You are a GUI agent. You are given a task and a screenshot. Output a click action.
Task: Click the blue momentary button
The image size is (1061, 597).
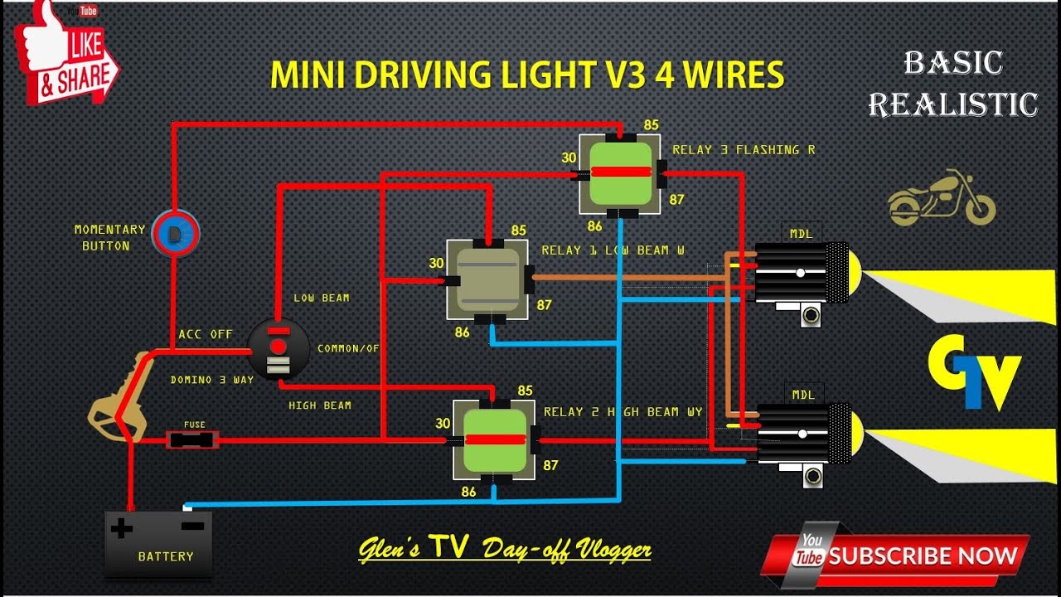click(x=175, y=234)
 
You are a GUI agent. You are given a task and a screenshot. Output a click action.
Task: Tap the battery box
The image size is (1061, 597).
click(x=158, y=543)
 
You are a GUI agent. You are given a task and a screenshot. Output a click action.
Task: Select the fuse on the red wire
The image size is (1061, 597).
click(x=193, y=439)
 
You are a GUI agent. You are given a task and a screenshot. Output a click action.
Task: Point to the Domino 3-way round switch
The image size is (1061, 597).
click(x=279, y=348)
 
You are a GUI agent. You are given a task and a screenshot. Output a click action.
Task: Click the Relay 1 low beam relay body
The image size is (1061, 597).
click(x=487, y=279)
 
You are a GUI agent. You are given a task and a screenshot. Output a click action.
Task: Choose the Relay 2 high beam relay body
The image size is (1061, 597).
click(x=495, y=439)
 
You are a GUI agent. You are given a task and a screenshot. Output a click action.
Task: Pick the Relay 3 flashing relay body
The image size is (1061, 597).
click(x=620, y=172)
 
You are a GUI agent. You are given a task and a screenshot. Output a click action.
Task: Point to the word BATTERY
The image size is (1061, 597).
click(x=166, y=556)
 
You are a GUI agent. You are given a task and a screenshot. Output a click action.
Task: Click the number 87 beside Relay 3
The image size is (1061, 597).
click(x=677, y=199)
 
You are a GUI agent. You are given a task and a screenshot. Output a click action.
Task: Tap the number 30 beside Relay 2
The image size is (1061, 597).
click(x=443, y=423)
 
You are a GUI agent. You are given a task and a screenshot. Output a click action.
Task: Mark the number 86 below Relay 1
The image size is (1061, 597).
click(x=462, y=332)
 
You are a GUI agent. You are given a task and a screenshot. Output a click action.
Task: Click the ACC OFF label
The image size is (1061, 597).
click(x=206, y=334)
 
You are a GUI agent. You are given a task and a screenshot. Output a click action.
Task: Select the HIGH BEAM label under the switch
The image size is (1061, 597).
click(x=320, y=405)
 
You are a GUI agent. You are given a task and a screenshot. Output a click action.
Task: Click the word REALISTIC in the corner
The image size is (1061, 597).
click(x=953, y=104)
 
